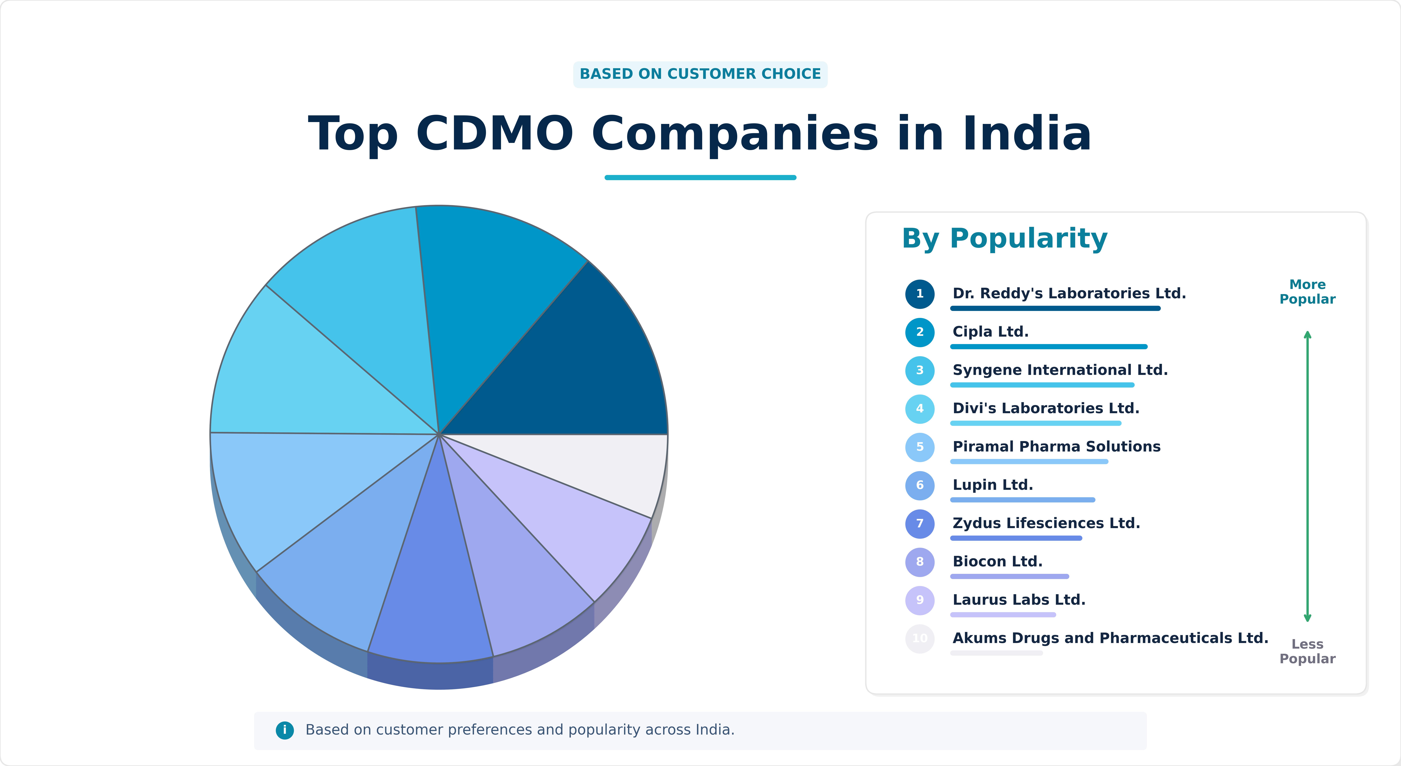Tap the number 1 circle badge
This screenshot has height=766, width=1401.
[920, 294]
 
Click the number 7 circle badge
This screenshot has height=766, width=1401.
[920, 523]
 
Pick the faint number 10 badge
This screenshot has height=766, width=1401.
[920, 638]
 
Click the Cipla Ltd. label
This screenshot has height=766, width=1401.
[990, 331]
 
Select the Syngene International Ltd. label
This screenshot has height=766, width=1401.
[1060, 370]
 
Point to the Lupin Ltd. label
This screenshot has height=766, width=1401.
[993, 485]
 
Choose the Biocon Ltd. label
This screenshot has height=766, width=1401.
[998, 561]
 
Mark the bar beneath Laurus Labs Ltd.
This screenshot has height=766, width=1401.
[1003, 615]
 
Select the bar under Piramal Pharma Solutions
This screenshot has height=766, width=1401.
[1029, 461]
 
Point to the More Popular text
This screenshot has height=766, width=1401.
[1307, 292]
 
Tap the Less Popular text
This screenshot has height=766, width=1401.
[1307, 651]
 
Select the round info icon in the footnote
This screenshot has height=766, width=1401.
[284, 730]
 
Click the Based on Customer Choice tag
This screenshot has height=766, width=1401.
[700, 74]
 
